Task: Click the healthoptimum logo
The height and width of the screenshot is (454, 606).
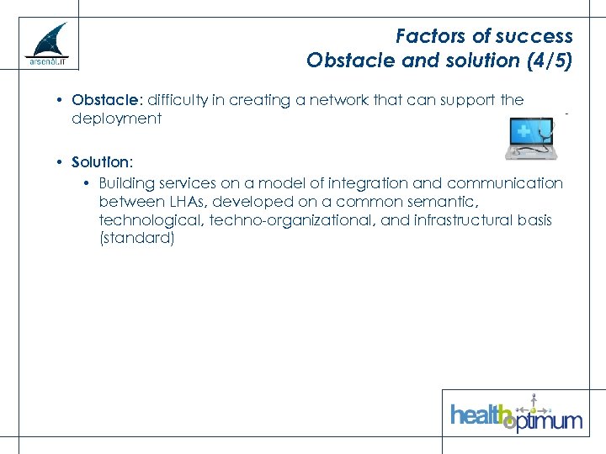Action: point(515,414)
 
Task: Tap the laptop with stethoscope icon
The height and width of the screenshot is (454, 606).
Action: point(530,138)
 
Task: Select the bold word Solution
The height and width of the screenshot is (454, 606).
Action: point(101,161)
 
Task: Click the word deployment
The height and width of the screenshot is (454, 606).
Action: point(116,119)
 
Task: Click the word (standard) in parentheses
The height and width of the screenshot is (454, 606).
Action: point(136,239)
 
